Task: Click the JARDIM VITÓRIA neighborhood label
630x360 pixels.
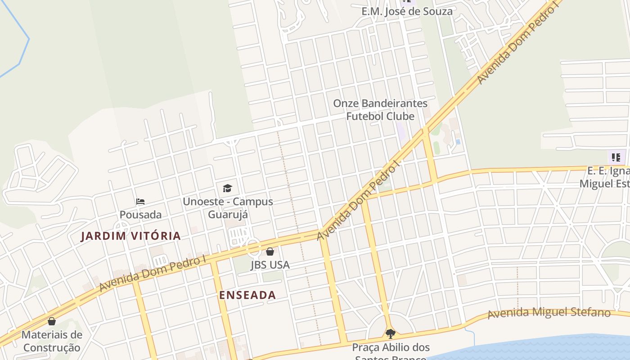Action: [x=130, y=236]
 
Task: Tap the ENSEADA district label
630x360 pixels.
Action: [x=247, y=295]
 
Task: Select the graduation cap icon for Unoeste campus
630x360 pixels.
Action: [x=227, y=188]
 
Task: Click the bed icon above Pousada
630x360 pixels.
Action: [x=140, y=201]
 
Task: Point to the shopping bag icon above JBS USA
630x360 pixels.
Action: [x=270, y=252]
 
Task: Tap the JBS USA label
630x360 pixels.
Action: [x=270, y=265]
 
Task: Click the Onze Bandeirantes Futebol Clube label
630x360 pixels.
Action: [x=380, y=110]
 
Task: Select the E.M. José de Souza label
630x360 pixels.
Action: [x=407, y=11]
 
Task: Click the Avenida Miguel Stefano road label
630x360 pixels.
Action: [x=549, y=313]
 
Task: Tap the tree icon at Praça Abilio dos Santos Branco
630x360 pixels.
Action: [x=391, y=334]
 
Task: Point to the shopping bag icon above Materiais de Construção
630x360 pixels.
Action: [x=52, y=321]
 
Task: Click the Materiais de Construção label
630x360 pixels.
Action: [x=52, y=341]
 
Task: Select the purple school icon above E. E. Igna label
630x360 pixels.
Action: [x=616, y=157]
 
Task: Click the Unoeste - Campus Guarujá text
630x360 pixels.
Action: [x=228, y=207]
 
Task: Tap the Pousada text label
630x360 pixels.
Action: [x=140, y=215]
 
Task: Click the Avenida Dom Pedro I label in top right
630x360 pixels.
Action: [x=517, y=43]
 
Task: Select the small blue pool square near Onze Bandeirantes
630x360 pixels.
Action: [x=458, y=142]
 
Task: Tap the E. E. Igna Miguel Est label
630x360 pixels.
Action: [x=605, y=177]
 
